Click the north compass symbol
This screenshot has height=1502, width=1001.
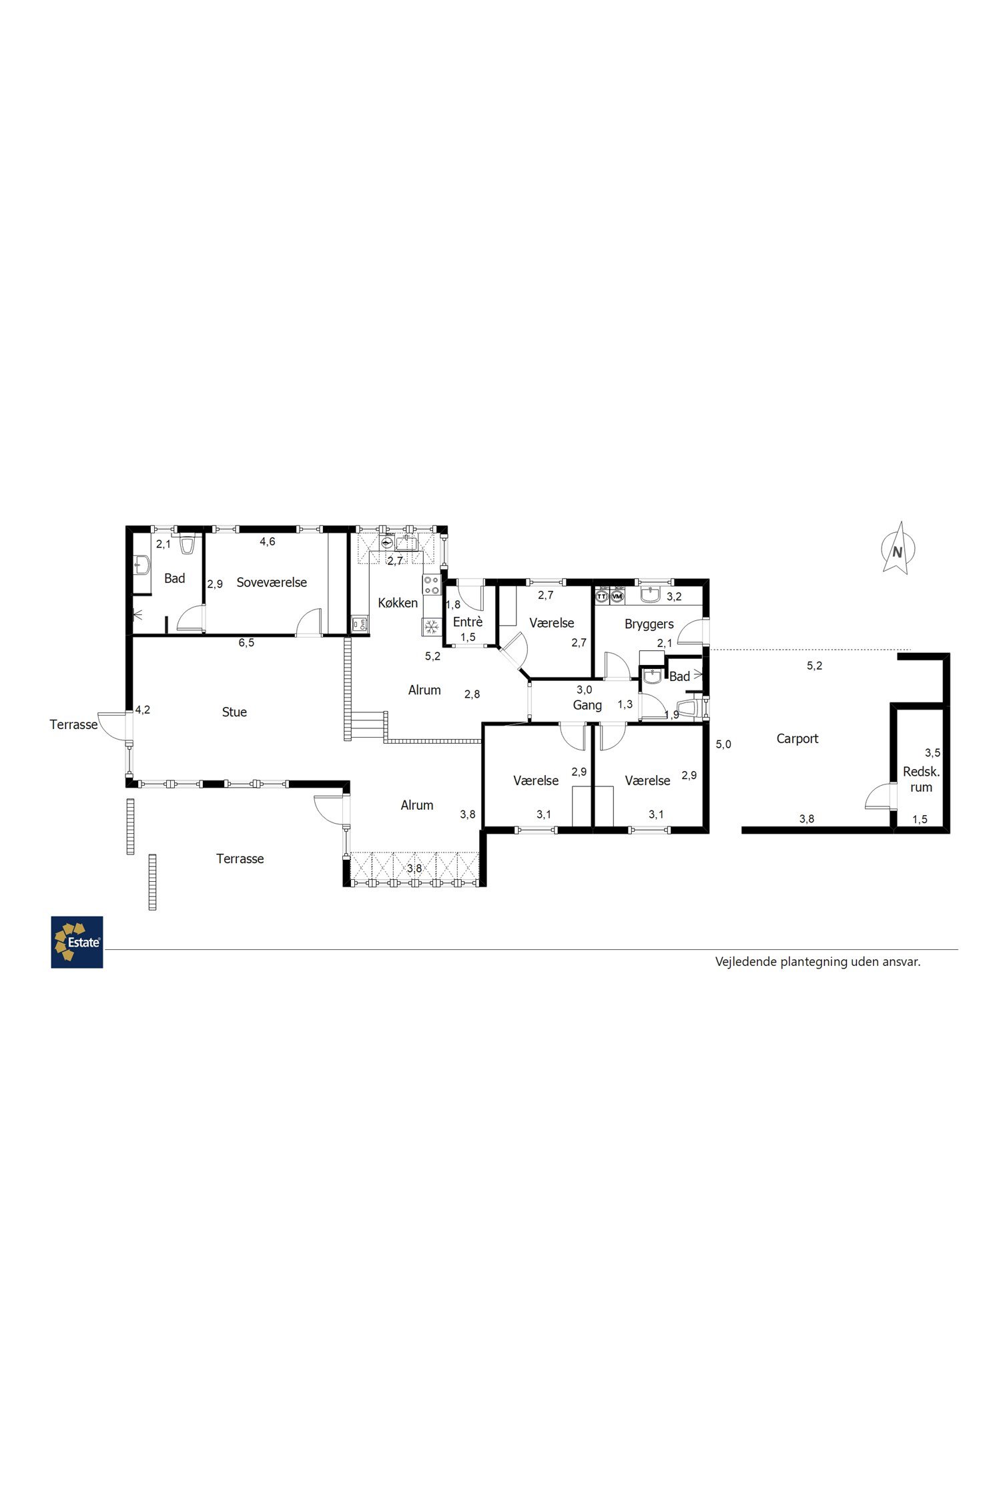point(898,549)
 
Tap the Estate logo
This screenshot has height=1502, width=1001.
point(77,942)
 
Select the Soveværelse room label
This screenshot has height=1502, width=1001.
point(272,582)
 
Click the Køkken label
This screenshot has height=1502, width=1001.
point(398,603)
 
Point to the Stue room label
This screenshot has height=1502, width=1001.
point(234,712)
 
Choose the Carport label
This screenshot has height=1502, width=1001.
point(797,739)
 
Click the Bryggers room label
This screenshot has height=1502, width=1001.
point(649,625)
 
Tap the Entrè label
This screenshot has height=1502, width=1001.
point(467,622)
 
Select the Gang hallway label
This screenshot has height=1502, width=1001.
point(587,706)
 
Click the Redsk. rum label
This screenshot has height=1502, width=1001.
point(921,780)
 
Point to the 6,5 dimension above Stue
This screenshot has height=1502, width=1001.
point(246,643)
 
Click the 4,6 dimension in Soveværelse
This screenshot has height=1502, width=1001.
point(267,541)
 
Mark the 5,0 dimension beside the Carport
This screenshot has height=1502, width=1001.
point(723,744)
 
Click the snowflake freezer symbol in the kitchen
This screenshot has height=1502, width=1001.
point(432,627)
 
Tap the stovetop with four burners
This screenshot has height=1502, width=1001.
point(432,585)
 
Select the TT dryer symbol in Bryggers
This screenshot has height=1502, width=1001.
point(602,595)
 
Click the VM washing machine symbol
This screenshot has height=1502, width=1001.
point(617,595)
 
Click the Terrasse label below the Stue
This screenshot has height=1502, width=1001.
point(240,859)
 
